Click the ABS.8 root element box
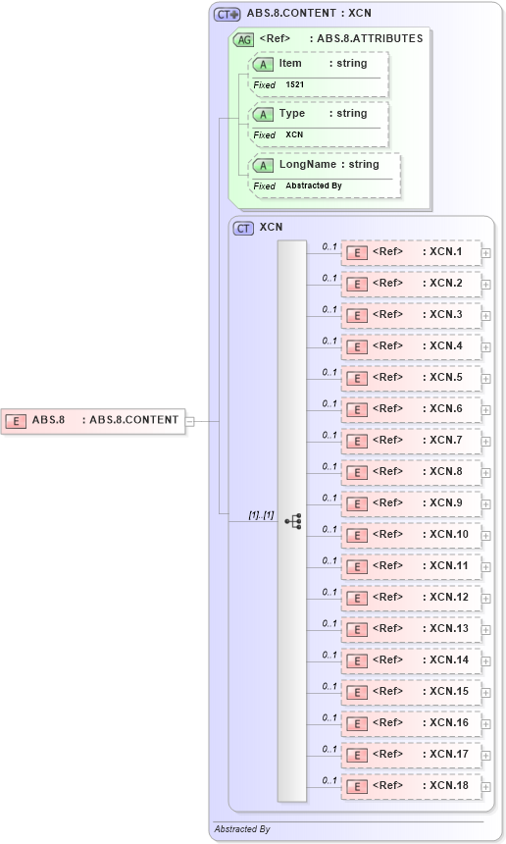click(x=93, y=420)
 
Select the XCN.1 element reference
click(x=411, y=252)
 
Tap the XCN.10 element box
click(x=411, y=535)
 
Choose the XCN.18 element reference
click(x=411, y=786)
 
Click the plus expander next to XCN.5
click(x=486, y=379)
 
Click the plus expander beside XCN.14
click(x=486, y=661)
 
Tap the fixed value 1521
click(x=295, y=85)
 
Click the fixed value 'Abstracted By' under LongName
click(x=314, y=185)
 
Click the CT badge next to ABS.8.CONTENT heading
click(x=228, y=15)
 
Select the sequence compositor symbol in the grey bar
click(x=292, y=521)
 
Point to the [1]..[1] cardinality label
click(x=260, y=515)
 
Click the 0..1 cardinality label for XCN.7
click(x=329, y=435)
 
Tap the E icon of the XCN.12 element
click(x=359, y=598)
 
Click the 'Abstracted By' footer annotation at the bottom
click(x=242, y=829)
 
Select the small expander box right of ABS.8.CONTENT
click(x=190, y=421)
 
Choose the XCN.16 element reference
click(x=411, y=723)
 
